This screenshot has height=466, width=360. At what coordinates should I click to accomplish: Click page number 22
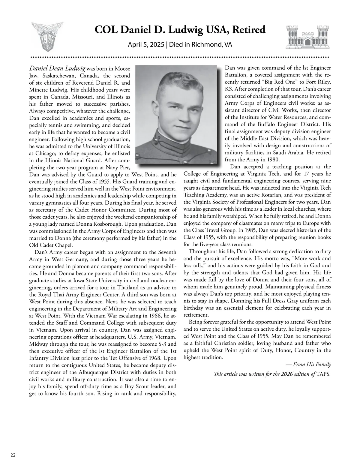coord(13,455)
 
